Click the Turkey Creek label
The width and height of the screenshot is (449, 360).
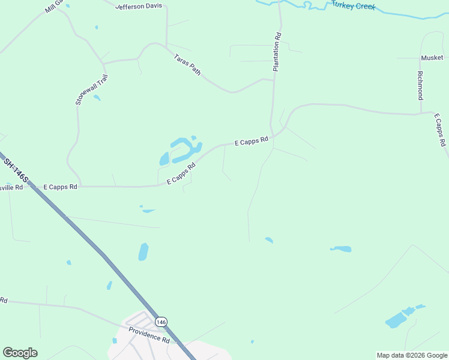coord(354,6)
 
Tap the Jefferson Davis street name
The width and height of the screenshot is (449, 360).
coord(139,7)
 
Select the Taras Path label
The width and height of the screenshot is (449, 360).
coord(187,65)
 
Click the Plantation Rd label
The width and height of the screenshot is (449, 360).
coord(277,52)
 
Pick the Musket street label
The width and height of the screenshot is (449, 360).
coord(432,58)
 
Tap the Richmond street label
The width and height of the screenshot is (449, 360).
coord(420,85)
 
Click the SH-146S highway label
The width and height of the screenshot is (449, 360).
coord(16,170)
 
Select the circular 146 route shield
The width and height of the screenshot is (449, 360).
coord(161,322)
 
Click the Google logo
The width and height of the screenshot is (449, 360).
coord(20,353)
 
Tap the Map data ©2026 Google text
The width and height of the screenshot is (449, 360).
coord(412,355)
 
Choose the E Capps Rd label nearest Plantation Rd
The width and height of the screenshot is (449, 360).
coord(251,142)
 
